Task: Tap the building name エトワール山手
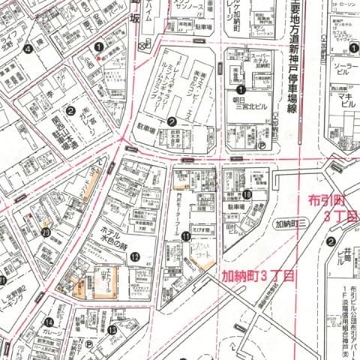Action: (x=106, y=281)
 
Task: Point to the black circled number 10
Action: (x=246, y=194)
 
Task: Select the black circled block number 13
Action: (x=112, y=329)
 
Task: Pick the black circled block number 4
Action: (x=28, y=49)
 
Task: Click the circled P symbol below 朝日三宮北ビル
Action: (x=261, y=146)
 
